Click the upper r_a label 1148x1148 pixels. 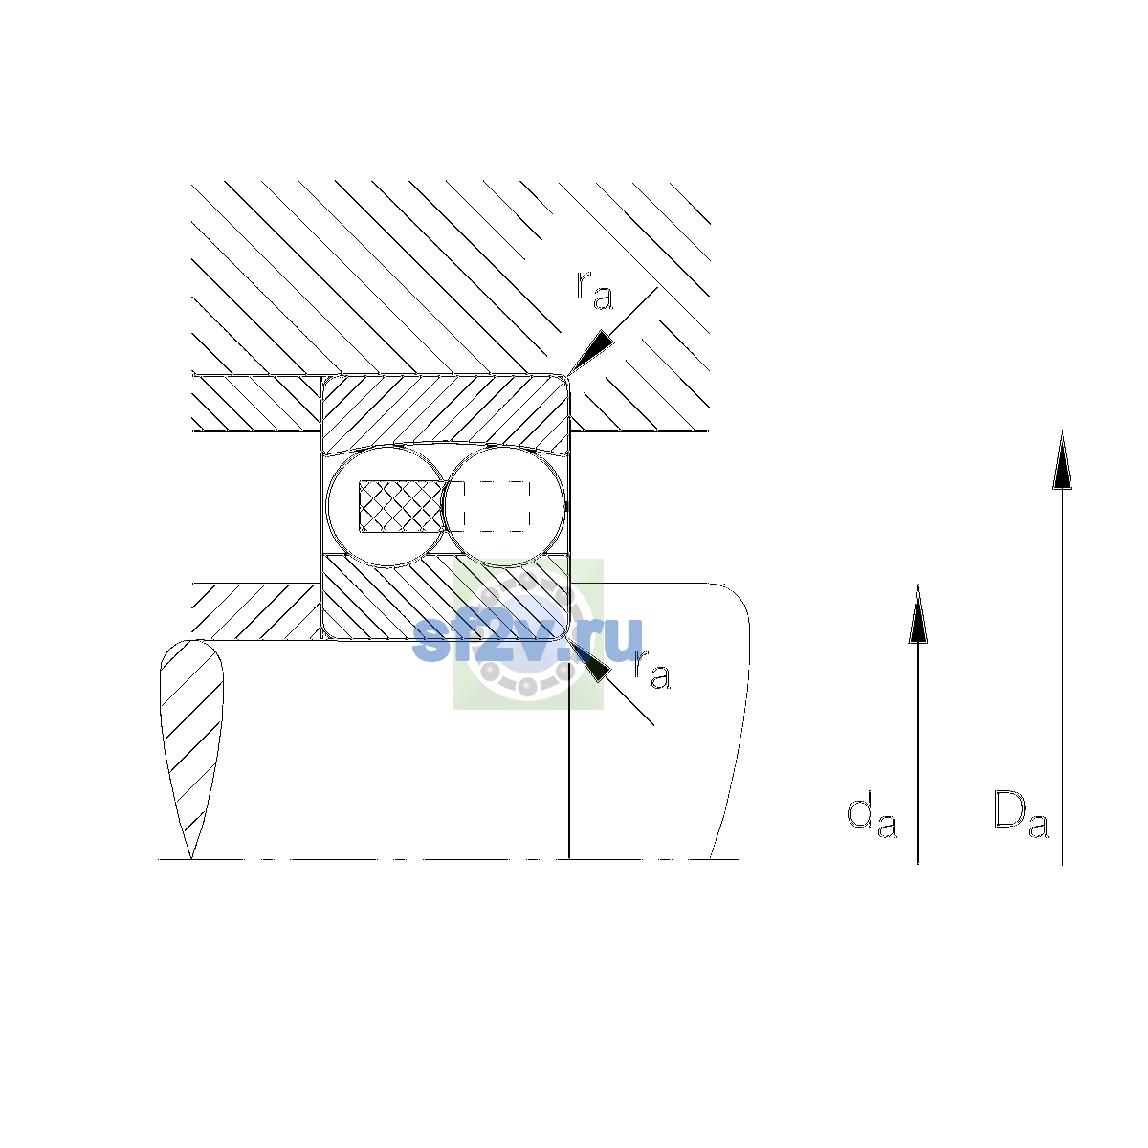594,290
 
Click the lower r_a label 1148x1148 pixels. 651,670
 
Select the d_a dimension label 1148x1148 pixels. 872,816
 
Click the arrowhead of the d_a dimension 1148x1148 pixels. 917,614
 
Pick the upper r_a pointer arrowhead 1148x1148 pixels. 590,352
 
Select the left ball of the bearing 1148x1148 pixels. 386,506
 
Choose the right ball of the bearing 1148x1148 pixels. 504,506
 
